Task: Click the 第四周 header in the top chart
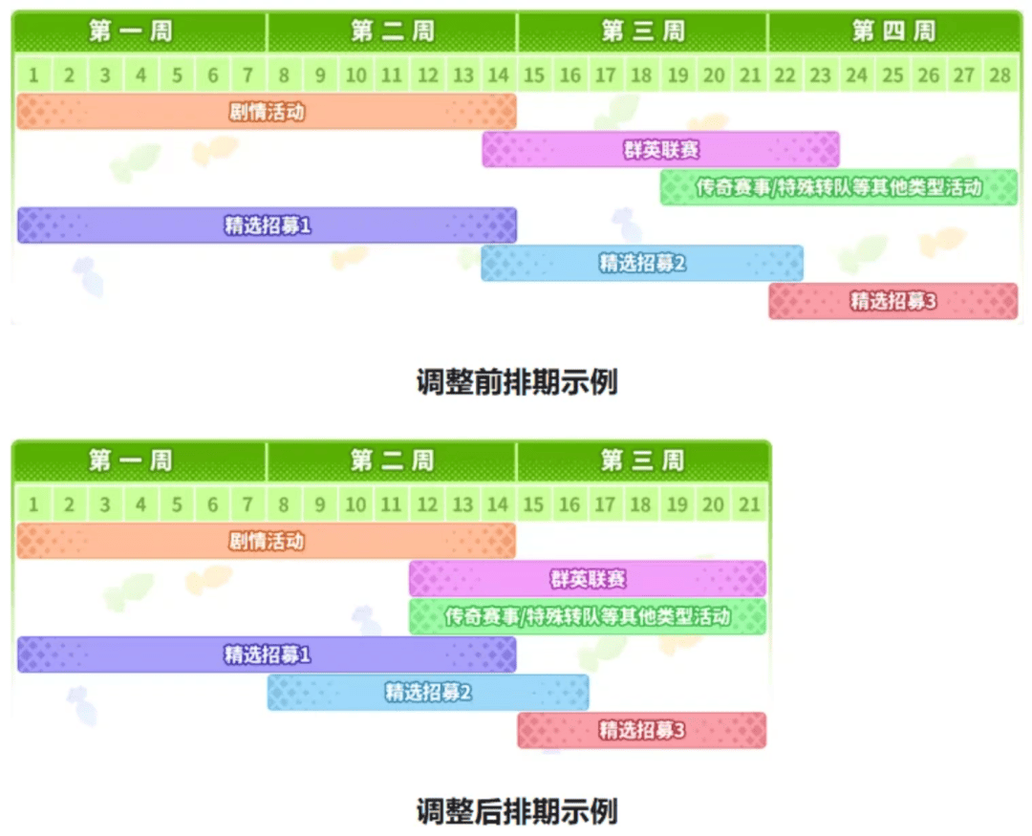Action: tap(893, 31)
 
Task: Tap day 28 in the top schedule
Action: tap(1000, 75)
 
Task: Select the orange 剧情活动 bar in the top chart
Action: tap(267, 111)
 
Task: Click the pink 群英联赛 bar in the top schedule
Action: tap(661, 149)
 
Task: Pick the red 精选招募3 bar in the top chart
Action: tap(893, 301)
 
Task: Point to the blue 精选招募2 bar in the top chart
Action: tap(642, 264)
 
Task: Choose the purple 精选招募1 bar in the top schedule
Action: tap(267, 225)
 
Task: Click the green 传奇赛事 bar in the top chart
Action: tap(839, 187)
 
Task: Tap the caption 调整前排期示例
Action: tap(517, 382)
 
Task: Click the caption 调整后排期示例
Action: tap(517, 811)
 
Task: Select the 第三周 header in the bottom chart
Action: tap(642, 461)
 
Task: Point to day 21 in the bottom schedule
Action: tap(750, 504)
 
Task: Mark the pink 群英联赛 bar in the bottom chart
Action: tap(588, 579)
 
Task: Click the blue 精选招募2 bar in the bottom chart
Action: tap(428, 693)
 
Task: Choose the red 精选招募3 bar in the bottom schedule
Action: tap(642, 730)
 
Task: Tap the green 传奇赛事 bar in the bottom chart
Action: tap(588, 617)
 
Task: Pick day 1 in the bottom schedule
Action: tap(33, 504)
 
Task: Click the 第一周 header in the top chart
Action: tap(130, 31)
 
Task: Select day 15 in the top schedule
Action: tap(534, 75)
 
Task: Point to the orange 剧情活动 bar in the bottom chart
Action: tap(266, 541)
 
